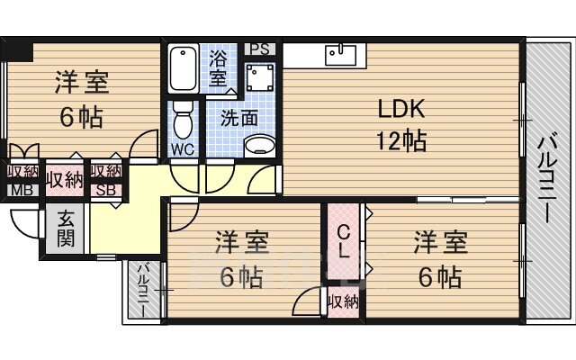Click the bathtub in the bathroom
pos(184,68)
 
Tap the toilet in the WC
pos(183,120)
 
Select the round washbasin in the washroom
pos(260,146)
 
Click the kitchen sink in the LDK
pos(340,54)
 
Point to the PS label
pos(260,49)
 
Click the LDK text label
pos(401,108)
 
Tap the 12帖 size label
pos(401,140)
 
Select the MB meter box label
pos(22,190)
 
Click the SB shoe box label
pos(106,190)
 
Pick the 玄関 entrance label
pos(66,228)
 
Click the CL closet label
pos(344,242)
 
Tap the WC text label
pos(183,149)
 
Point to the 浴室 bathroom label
pos(218,67)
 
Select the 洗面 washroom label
pos(239,118)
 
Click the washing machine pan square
pos(260,77)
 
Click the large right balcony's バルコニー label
pos(548,178)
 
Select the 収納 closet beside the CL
pos(344,302)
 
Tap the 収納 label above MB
pos(22,171)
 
